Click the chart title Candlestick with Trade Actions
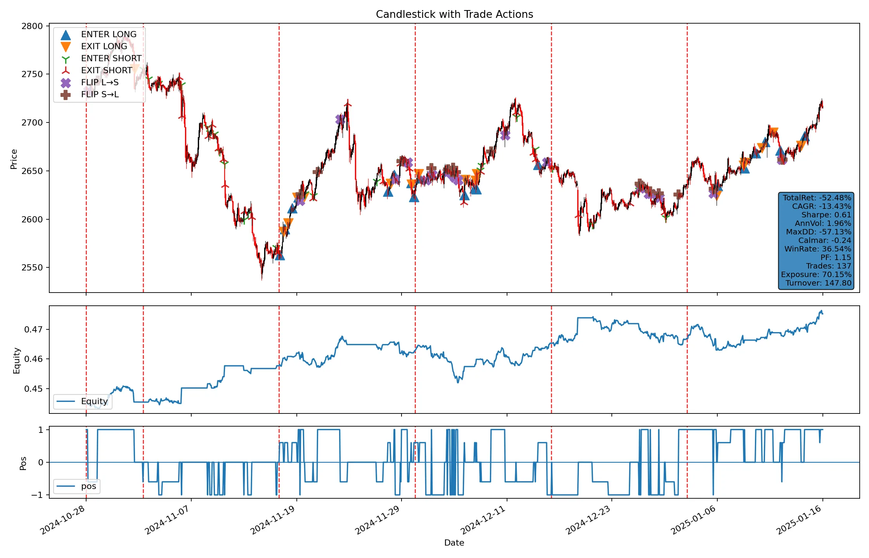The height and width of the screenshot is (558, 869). pyautogui.click(x=454, y=14)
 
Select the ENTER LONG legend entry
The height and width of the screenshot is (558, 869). pyautogui.click(x=109, y=34)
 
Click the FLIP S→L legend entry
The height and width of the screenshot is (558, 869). pyautogui.click(x=100, y=95)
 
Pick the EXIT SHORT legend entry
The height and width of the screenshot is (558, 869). pyautogui.click(x=106, y=71)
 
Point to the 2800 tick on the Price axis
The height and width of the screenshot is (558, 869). pyautogui.click(x=32, y=26)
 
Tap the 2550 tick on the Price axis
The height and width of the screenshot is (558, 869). pyautogui.click(x=32, y=268)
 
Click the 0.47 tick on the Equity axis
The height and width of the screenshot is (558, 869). pyautogui.click(x=33, y=330)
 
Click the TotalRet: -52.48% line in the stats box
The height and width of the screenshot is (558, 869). pyautogui.click(x=817, y=198)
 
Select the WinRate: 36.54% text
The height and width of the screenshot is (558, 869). pyautogui.click(x=817, y=249)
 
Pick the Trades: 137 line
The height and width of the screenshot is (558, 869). pyautogui.click(x=828, y=266)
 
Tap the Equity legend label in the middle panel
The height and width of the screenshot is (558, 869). pyautogui.click(x=94, y=401)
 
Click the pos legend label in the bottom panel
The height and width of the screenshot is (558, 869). pyautogui.click(x=88, y=486)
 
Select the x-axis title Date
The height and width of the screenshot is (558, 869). pyautogui.click(x=454, y=543)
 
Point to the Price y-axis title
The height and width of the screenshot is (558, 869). pyautogui.click(x=14, y=159)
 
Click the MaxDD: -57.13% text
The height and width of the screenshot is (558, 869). pyautogui.click(x=818, y=232)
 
